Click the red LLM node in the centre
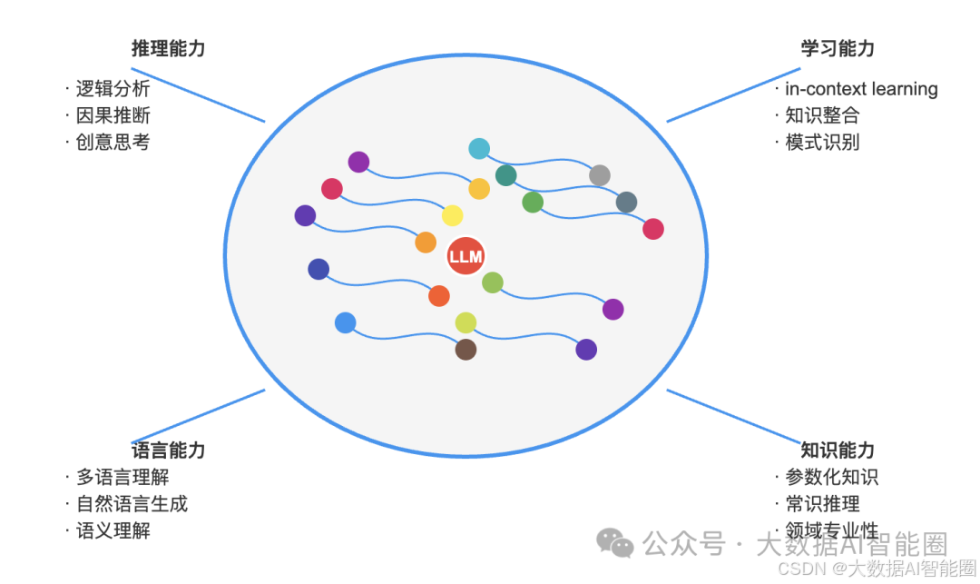tap(465, 256)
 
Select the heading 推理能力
tap(168, 49)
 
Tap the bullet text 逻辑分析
tap(113, 89)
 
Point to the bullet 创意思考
tap(113, 142)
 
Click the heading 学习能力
tap(838, 49)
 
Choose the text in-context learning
tap(861, 89)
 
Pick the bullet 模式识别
tap(822, 142)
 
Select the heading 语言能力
tap(168, 450)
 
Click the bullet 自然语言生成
tap(132, 503)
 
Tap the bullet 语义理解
tap(113, 530)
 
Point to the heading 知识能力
tap(838, 450)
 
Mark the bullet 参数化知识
tap(831, 477)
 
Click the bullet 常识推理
tap(822, 503)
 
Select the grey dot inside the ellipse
tap(600, 175)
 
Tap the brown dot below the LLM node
tap(465, 350)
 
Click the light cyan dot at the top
tap(479, 149)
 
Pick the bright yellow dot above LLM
tap(452, 216)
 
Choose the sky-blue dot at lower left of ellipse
tap(345, 322)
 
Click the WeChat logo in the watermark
tap(615, 543)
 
